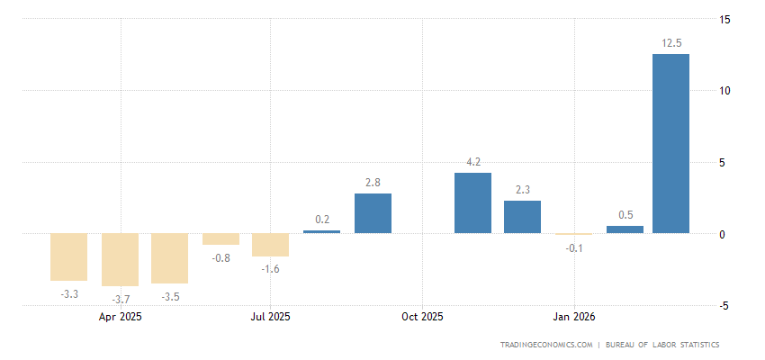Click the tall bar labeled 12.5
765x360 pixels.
670,144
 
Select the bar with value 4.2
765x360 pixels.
472,203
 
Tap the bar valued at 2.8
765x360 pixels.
373,213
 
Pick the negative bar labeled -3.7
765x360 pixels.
120,260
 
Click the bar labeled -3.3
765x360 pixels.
68,257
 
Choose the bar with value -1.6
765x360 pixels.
270,245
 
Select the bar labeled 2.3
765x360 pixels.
522,217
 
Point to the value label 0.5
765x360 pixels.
625,214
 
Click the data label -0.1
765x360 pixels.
573,247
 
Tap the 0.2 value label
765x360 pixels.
322,219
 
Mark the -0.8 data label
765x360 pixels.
220,257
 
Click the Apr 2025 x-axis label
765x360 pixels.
121,317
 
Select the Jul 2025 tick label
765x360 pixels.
270,317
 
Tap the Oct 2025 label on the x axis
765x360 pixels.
422,317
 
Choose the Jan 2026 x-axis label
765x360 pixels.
574,317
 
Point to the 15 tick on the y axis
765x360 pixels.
724,19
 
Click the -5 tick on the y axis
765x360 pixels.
724,306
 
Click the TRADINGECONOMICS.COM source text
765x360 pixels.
546,345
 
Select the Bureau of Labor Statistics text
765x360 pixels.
662,345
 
